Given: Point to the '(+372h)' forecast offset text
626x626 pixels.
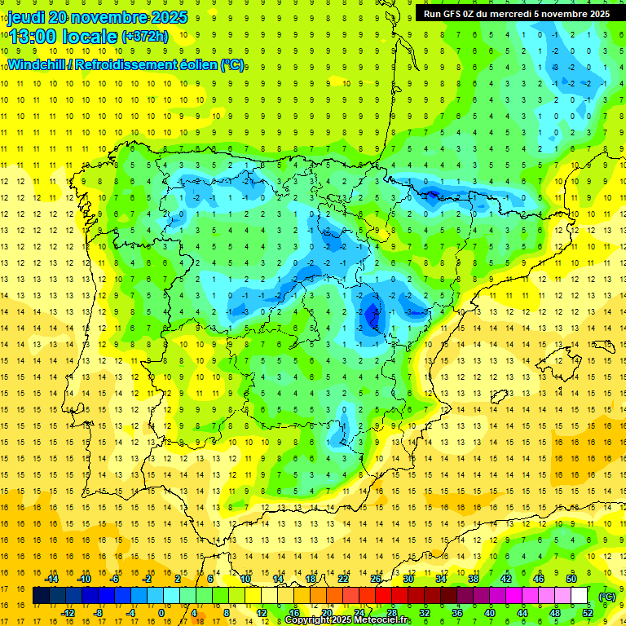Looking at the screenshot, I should [x=144, y=37].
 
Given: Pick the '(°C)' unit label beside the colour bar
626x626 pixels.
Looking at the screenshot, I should [x=606, y=597].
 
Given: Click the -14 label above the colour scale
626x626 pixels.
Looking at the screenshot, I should [x=53, y=579].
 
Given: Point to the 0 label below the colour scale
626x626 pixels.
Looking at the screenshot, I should [x=161, y=613].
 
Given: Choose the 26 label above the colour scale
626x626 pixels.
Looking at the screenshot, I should [x=376, y=579].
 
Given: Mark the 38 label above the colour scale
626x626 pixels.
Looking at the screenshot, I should [x=473, y=579].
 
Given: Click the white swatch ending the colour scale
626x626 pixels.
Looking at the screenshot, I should [x=580, y=596].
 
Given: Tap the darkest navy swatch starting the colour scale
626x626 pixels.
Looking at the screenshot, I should [x=41, y=596].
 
